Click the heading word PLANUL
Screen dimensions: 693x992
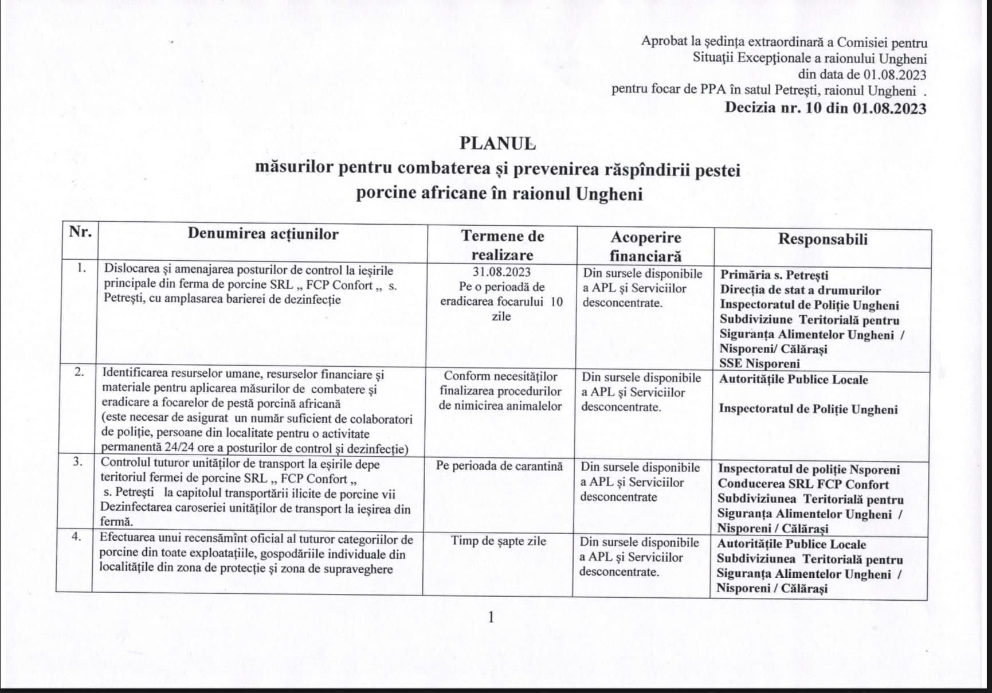[x=497, y=143]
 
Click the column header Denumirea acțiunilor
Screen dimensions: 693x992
[x=263, y=234]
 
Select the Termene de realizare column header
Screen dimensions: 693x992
[x=503, y=245]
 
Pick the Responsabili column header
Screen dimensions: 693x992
[x=822, y=240]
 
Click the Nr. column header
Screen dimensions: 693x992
[x=80, y=232]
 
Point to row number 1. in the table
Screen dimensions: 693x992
[x=82, y=268]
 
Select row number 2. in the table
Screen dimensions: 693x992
[x=80, y=372]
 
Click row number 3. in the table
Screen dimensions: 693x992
[x=79, y=461]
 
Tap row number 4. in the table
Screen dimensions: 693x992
[x=77, y=537]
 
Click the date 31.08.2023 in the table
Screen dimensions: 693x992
[x=502, y=272]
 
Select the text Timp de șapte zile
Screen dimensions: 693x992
[x=498, y=541]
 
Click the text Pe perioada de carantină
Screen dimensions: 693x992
[x=499, y=465]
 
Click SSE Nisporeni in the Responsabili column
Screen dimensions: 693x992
[x=759, y=363]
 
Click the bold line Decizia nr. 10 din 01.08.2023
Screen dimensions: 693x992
[x=825, y=108]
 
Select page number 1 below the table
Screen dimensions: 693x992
[x=491, y=617]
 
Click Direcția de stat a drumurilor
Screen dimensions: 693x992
[x=800, y=290]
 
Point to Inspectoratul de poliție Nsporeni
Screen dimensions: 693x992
[x=809, y=469]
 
